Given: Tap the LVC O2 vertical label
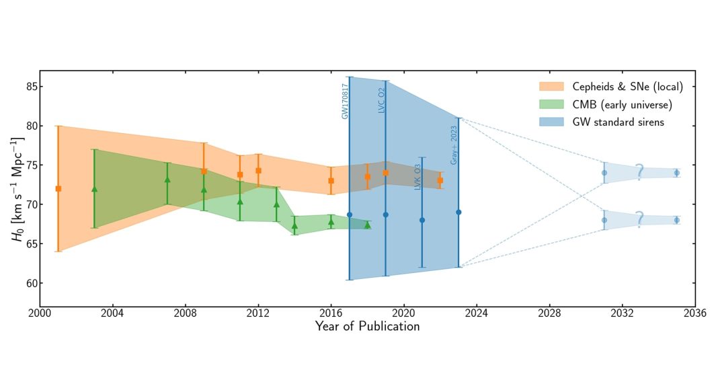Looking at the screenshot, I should pyautogui.click(x=381, y=100).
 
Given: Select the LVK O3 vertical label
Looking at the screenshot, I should pyautogui.click(x=417, y=175).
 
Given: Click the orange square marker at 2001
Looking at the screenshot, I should pyautogui.click(x=58, y=189).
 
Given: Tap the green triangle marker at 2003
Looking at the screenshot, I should pyautogui.click(x=94, y=189).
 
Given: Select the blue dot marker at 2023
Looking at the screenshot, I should pyautogui.click(x=458, y=212).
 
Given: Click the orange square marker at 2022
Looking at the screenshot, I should pyautogui.click(x=440, y=180).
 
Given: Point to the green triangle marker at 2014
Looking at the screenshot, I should pyautogui.click(x=294, y=225).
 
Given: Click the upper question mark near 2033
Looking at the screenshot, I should pyautogui.click(x=639, y=172).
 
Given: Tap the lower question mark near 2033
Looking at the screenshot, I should pyautogui.click(x=639, y=219).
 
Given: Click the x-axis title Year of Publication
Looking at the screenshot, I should pyautogui.click(x=367, y=327).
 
